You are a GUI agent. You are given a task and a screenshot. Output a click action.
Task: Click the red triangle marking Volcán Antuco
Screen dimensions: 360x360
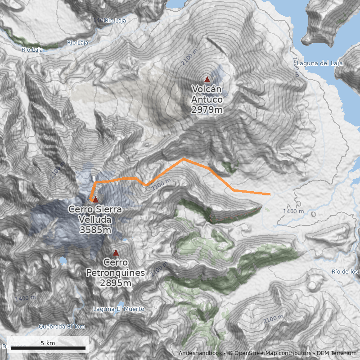(x=207, y=79)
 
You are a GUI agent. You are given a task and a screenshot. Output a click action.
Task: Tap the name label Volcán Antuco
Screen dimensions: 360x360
(x=207, y=94)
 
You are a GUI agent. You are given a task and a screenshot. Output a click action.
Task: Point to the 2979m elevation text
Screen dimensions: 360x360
(x=207, y=110)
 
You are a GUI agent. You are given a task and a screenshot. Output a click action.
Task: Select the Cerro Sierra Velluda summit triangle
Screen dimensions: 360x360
(x=95, y=199)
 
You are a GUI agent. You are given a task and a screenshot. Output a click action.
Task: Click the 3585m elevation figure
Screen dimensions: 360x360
(x=95, y=230)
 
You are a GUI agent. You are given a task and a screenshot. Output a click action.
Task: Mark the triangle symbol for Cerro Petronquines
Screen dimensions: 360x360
(x=116, y=252)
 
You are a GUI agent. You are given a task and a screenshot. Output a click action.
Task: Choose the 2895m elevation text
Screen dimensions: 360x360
(x=116, y=283)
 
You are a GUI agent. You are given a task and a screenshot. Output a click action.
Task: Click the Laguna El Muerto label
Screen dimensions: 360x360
(x=118, y=309)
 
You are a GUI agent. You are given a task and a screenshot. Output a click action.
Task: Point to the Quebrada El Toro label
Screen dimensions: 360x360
(x=62, y=327)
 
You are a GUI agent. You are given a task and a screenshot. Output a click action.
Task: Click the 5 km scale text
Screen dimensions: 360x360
(x=48, y=343)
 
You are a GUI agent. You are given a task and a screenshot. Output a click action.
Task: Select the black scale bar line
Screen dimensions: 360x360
(x=48, y=348)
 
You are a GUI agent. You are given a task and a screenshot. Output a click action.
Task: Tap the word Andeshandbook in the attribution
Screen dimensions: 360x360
(x=200, y=353)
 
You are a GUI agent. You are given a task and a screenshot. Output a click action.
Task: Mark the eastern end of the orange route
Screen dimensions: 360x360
(x=270, y=194)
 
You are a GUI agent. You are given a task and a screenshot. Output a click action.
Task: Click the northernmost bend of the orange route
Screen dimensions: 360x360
(x=183, y=159)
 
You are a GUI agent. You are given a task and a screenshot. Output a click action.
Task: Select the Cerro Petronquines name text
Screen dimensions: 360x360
(x=116, y=268)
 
